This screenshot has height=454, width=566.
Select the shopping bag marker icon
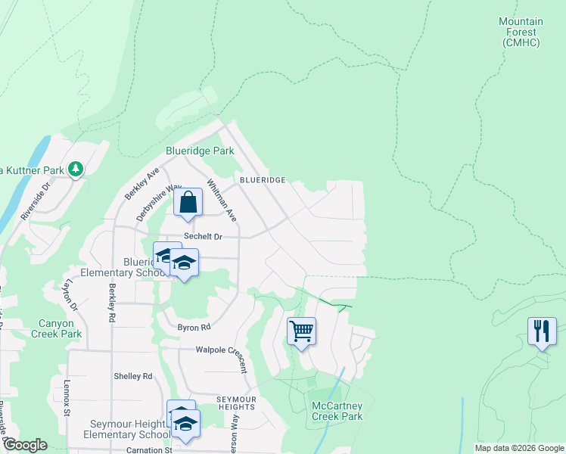pos(188,203)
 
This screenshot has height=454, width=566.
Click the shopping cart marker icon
pos(301,331)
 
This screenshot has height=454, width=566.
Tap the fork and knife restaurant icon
pos(542,331)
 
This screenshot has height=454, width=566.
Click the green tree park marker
pos(76,169)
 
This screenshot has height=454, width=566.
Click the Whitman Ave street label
pos(222,201)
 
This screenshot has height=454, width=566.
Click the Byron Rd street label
pos(194,328)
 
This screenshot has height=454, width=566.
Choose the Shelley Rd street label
pos(132,376)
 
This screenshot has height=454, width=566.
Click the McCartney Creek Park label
pos(337,411)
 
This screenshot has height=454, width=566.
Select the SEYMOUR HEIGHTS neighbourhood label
pos(237,403)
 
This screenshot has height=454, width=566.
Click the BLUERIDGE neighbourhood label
pos(263,180)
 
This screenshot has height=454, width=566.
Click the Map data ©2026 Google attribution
pos(519,448)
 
